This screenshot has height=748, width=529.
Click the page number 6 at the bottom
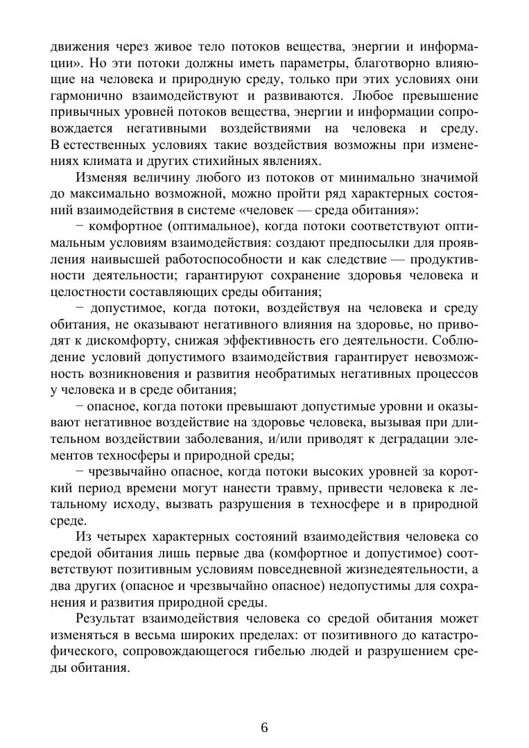click(264, 727)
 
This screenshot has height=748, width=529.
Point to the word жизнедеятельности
click(385, 569)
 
